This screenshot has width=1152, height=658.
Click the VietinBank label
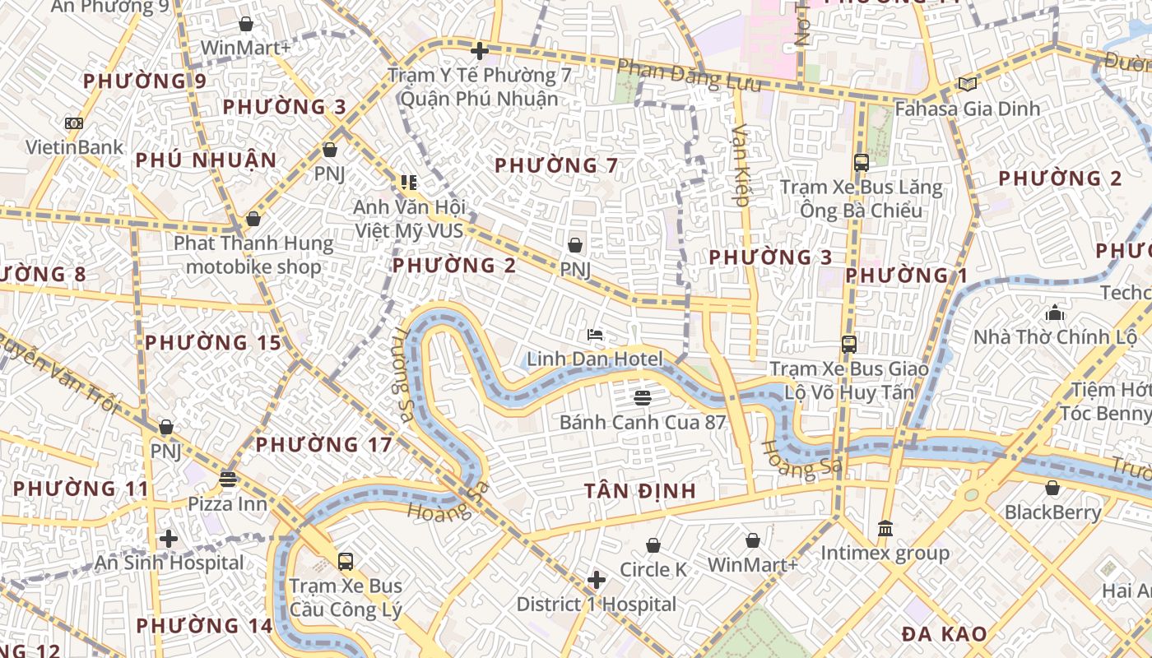click(74, 148)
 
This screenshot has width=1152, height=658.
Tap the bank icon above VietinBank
click(74, 123)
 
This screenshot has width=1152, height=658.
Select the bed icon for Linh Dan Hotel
click(595, 335)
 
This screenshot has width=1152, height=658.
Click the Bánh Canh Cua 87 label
click(643, 423)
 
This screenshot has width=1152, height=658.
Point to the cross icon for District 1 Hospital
click(597, 581)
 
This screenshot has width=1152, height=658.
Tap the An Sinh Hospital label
click(170, 563)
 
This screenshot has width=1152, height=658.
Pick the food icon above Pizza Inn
click(228, 479)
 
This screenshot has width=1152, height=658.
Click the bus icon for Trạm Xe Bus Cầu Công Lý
click(346, 562)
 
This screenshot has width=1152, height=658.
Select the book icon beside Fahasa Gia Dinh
click(968, 84)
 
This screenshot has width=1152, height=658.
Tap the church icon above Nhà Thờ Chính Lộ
click(1055, 313)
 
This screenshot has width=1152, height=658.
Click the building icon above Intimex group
click(885, 528)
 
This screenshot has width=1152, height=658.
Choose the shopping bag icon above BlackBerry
click(1052, 489)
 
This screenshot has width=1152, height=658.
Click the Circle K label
click(653, 570)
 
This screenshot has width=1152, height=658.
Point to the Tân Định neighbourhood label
click(640, 492)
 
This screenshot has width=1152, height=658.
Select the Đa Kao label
click(944, 635)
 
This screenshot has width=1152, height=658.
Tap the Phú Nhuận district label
click(206, 160)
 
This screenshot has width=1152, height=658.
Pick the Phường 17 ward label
click(323, 445)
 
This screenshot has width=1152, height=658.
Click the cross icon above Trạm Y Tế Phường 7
click(480, 51)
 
